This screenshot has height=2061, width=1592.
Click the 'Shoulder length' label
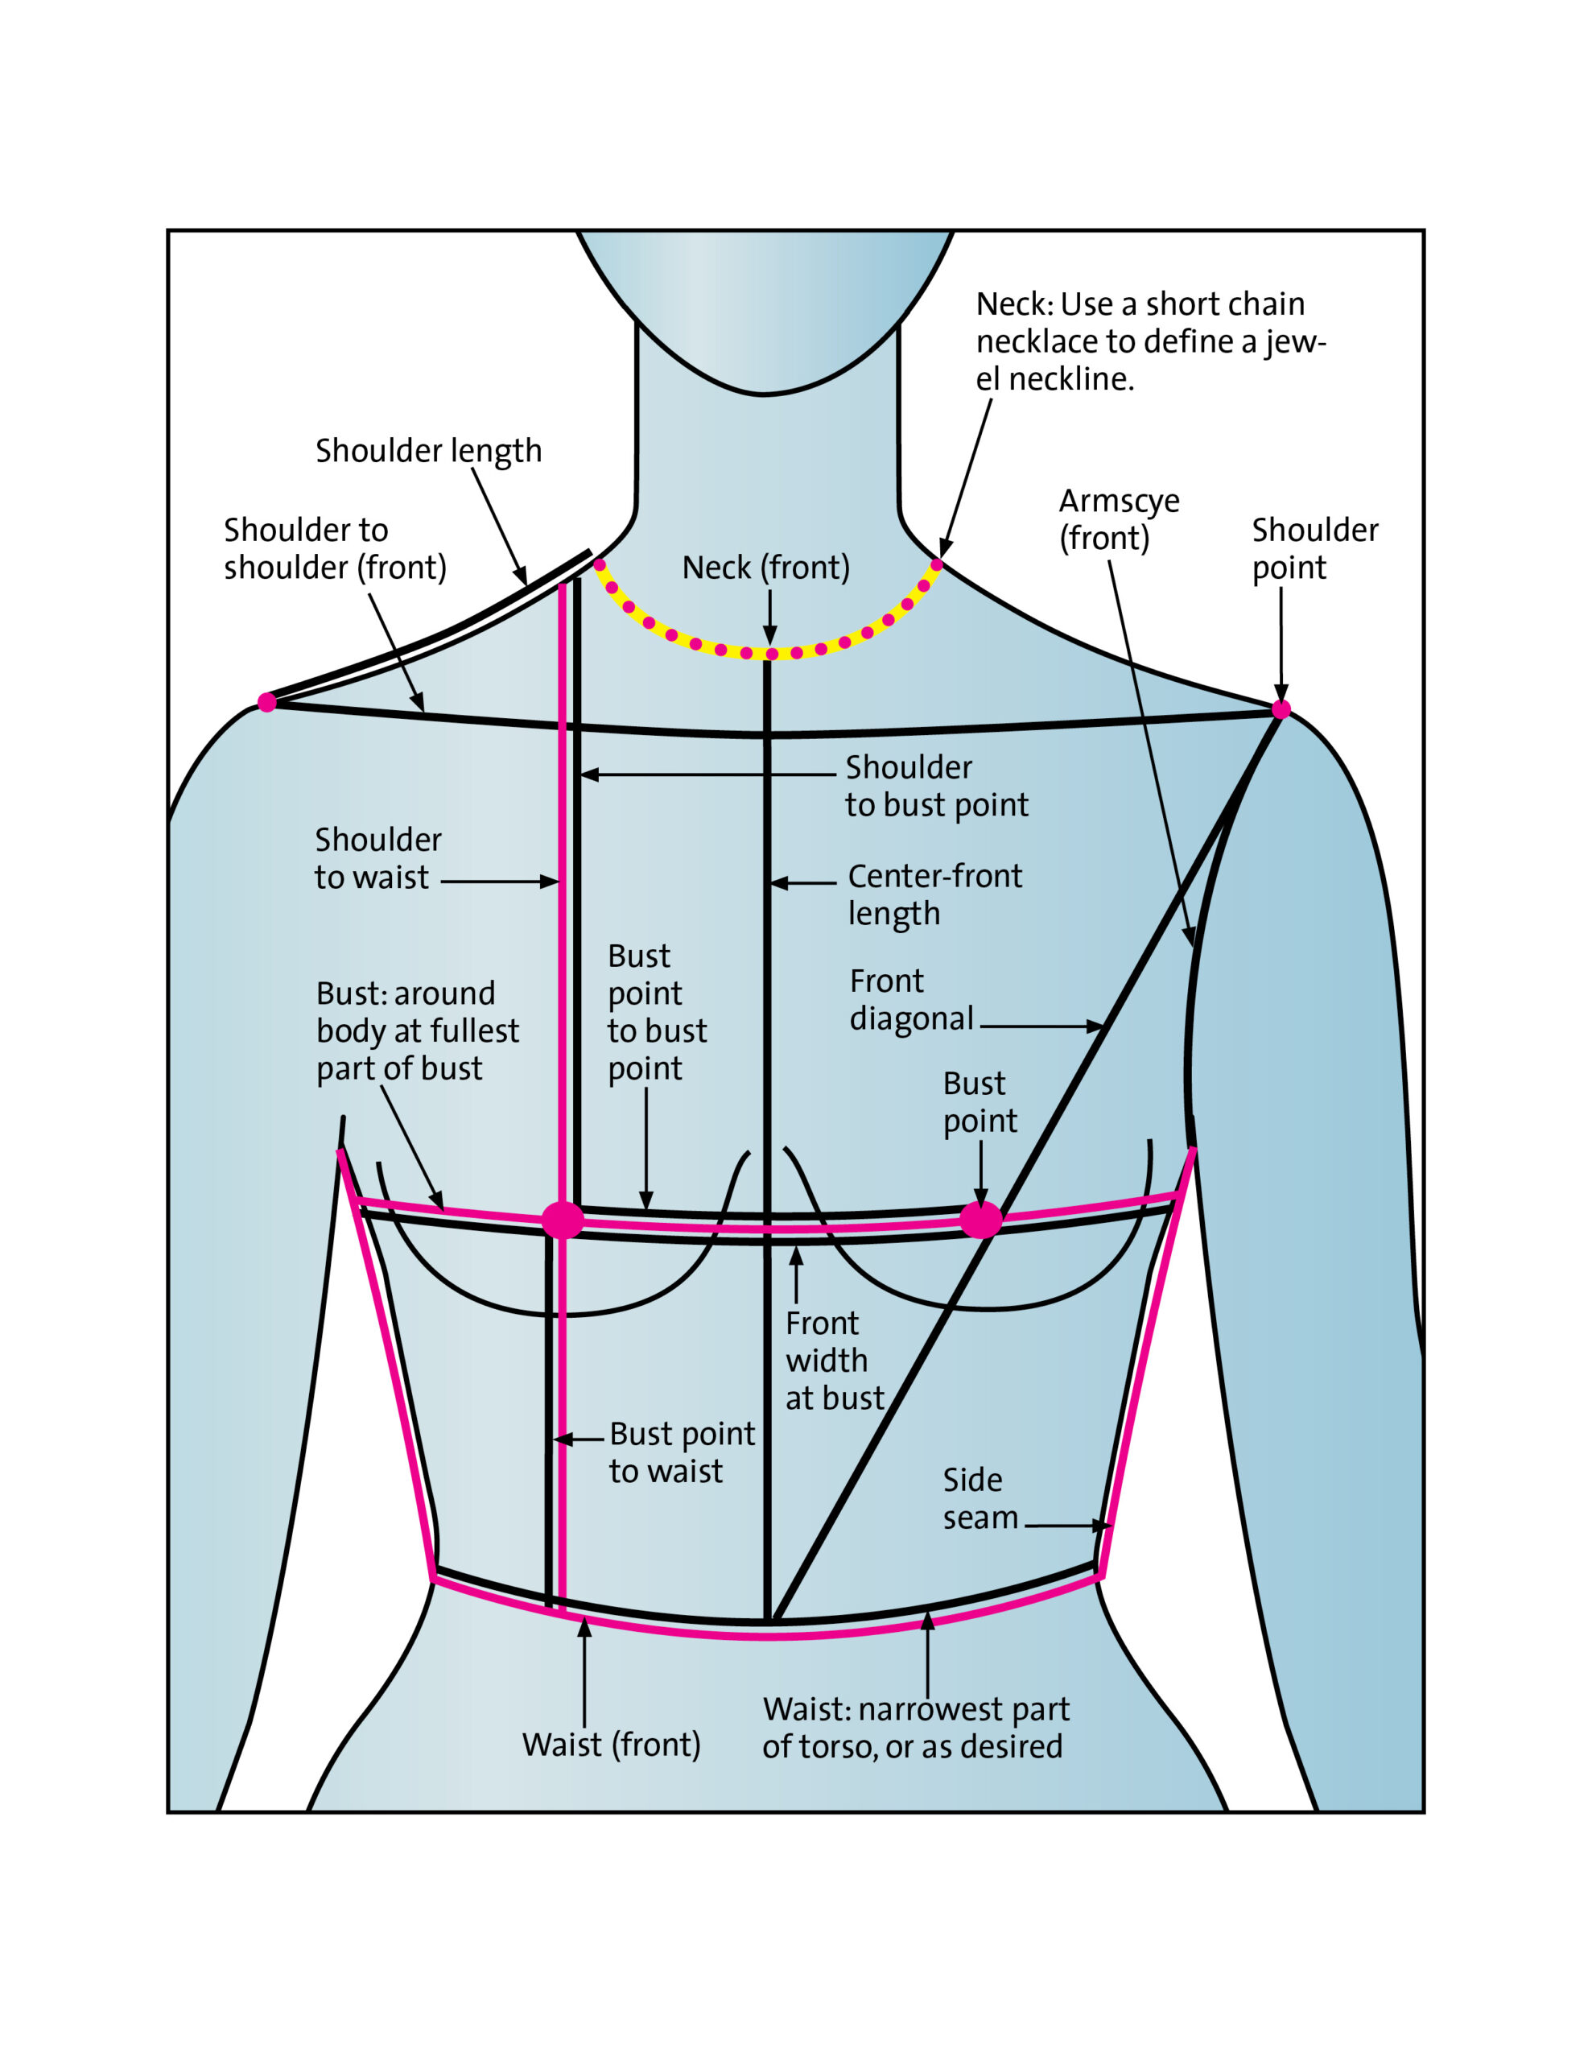pos(428,451)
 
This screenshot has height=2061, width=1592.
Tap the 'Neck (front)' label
pos(765,567)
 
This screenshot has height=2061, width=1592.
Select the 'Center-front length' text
pos(934,894)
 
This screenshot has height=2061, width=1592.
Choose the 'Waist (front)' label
pos(612,1744)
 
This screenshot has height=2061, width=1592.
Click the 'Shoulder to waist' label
pos(377,857)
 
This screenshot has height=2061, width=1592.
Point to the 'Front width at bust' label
pos(834,1361)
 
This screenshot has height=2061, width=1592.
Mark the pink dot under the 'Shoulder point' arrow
pos(1281,709)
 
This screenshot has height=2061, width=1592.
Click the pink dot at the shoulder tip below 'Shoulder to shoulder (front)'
pos(267,702)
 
